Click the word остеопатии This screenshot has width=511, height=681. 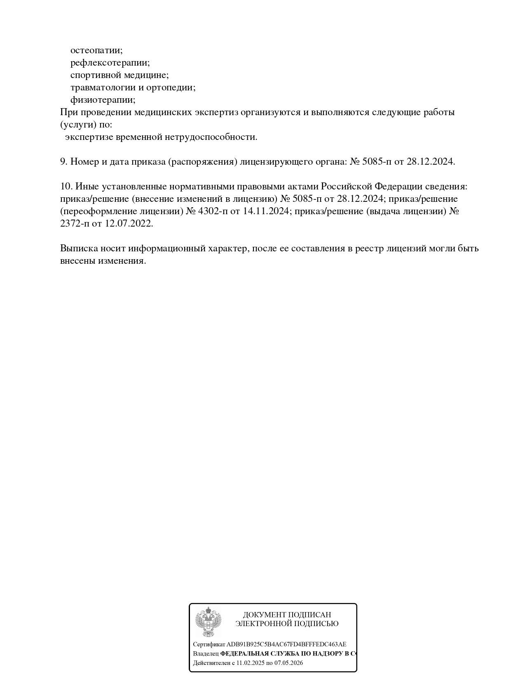(96, 50)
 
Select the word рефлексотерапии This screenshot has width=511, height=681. (110, 63)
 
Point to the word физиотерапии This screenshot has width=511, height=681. (103, 100)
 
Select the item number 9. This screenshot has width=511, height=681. (63, 162)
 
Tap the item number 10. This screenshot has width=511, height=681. (66, 187)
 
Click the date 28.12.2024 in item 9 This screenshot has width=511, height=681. (431, 162)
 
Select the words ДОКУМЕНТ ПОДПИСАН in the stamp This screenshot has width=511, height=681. (287, 615)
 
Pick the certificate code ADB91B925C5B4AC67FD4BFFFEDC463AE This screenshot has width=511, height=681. (286, 644)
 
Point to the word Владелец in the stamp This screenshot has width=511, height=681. (206, 654)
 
